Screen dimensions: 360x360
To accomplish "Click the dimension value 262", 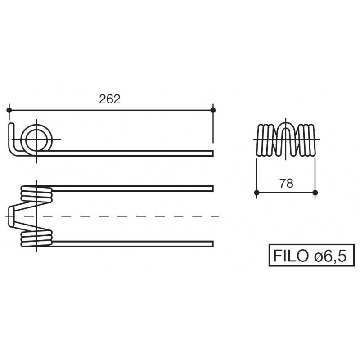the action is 109,99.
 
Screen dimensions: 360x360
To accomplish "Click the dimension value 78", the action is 286,184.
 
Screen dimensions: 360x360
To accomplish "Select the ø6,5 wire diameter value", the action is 330,256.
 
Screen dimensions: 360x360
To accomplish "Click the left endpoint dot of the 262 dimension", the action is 9,110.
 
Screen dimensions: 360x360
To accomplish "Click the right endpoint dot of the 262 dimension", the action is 213,110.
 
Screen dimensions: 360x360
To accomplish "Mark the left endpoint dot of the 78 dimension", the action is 257,193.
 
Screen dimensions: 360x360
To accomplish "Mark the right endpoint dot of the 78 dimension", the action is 315,193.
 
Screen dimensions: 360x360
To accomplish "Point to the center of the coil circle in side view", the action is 36,139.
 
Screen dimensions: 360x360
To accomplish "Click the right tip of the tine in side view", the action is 213,153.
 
